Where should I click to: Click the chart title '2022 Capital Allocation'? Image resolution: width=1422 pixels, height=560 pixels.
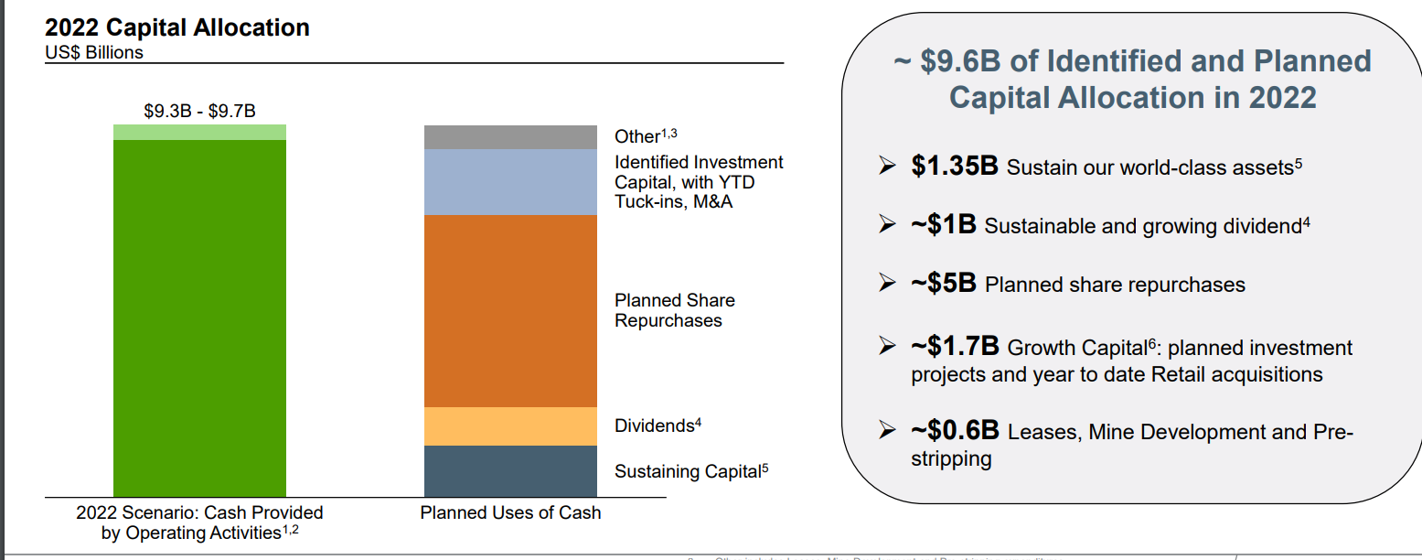point(176,27)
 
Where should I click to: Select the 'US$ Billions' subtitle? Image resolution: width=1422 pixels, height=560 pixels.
point(94,53)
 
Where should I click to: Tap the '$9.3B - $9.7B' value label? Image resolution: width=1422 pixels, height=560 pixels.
point(199,111)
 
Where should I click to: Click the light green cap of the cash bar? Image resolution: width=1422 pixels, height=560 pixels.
point(199,133)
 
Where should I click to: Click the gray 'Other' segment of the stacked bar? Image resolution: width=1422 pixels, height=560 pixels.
point(510,137)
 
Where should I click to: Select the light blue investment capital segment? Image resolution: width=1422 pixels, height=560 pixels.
point(510,182)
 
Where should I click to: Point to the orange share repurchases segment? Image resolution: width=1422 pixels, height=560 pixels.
point(510,311)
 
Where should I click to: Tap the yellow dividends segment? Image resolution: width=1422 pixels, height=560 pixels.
point(510,426)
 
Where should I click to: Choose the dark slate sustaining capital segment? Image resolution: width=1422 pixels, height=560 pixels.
point(510,471)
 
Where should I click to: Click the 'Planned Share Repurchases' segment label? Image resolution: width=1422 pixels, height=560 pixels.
point(674,310)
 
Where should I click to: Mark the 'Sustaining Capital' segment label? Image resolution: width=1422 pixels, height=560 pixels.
point(690,471)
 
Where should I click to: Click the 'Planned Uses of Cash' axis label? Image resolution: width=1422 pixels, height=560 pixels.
point(510,512)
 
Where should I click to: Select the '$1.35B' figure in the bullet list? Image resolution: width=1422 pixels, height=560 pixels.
point(955,167)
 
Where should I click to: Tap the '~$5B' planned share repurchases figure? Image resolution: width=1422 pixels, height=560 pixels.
point(944,284)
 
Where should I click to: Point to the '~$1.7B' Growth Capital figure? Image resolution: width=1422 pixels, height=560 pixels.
point(955,348)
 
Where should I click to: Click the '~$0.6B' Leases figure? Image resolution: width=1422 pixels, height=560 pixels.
point(955,431)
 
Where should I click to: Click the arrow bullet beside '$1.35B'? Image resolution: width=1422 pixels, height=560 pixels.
point(886,167)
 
